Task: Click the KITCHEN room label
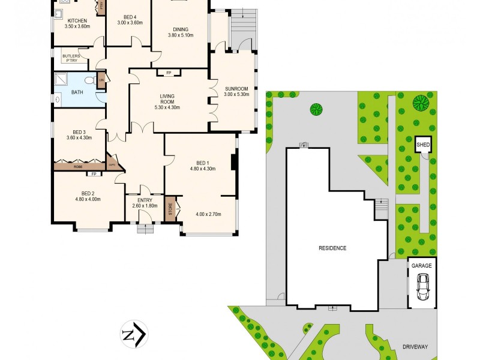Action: click(77, 20)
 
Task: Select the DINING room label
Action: click(180, 29)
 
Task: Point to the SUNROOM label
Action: click(236, 88)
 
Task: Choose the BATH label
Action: click(77, 92)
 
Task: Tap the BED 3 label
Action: click(79, 133)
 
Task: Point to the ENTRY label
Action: click(145, 200)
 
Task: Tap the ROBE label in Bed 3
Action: click(78, 167)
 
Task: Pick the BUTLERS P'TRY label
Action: click(71, 58)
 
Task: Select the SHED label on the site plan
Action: click(424, 145)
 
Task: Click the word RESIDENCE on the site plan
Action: click(332, 248)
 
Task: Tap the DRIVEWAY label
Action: click(415, 347)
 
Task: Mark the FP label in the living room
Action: click(169, 73)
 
